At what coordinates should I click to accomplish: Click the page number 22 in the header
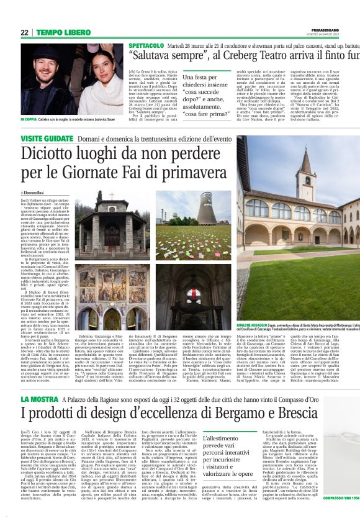click(x=24, y=32)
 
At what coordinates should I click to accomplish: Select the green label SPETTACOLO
click(x=146, y=47)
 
